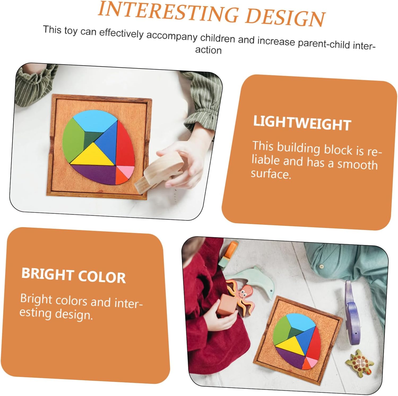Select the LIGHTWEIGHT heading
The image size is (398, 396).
(x=302, y=123)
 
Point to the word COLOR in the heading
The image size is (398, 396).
(x=102, y=277)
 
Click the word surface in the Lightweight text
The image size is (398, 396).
(x=271, y=174)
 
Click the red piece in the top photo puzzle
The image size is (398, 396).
(x=125, y=144)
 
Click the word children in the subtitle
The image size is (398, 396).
(x=218, y=39)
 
